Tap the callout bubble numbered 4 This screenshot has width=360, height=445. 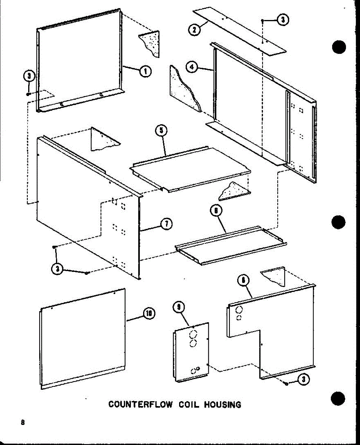coord(192,67)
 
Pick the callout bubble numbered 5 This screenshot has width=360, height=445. coord(161,131)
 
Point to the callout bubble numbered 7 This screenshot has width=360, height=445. coord(166,223)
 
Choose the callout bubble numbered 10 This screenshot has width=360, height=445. coord(149,314)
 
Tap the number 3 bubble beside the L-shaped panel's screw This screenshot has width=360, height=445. coord(304,379)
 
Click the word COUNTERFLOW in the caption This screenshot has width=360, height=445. coord(140,404)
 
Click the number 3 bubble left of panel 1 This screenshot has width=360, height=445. coord(29,77)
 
